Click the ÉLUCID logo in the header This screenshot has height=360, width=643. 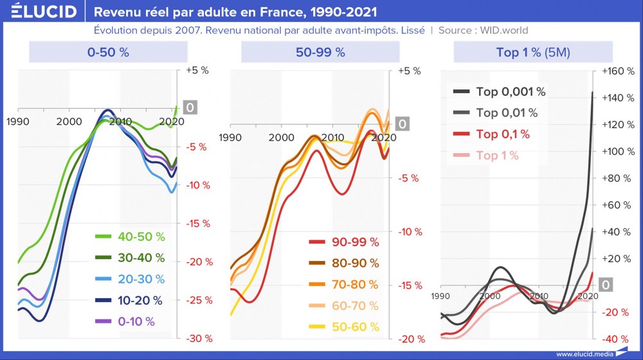pyautogui.click(x=40, y=12)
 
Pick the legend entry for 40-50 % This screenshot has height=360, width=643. pyautogui.click(x=130, y=237)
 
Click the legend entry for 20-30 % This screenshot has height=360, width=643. pyautogui.click(x=130, y=279)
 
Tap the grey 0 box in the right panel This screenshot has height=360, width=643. pyautogui.click(x=606, y=285)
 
